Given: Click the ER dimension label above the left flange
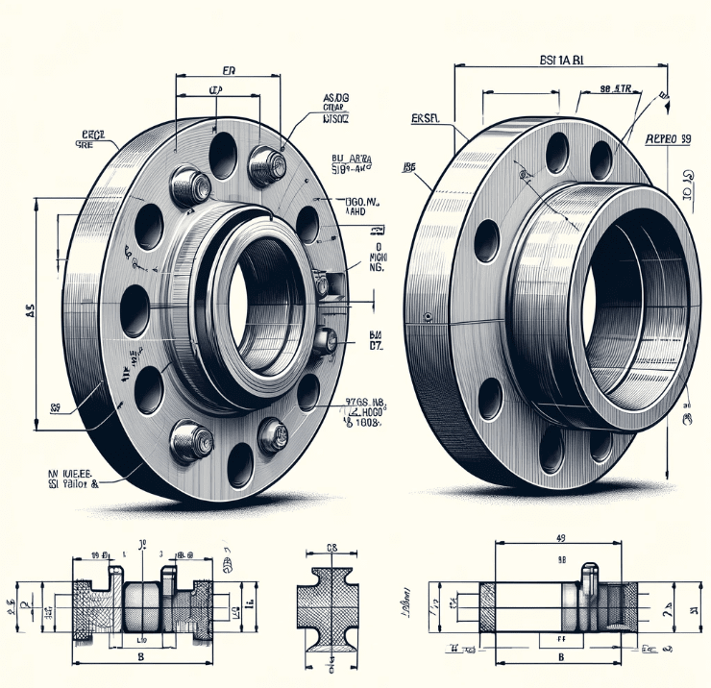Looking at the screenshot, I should click(229, 70).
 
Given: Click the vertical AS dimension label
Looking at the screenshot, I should click(30, 310).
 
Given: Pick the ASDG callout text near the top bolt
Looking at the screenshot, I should click(336, 99).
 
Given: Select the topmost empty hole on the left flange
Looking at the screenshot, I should click(223, 153).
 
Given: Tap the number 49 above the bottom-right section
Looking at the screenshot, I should click(561, 538).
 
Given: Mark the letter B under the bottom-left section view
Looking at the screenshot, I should click(142, 657).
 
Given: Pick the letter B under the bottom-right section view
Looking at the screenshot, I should click(560, 658).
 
